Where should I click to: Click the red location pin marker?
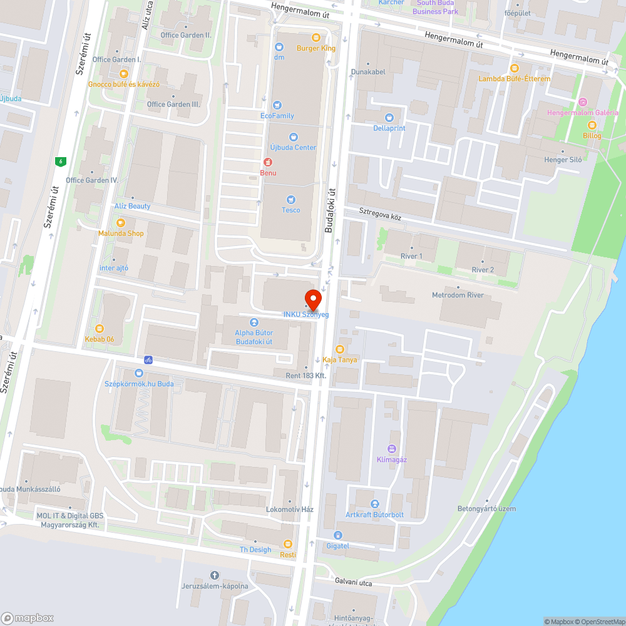coord(312,299)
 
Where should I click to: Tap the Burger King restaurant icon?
coord(316,37)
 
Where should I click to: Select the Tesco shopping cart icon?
coord(290,199)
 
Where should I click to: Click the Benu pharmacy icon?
coord(268,162)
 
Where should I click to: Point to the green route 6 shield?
coord(60,162)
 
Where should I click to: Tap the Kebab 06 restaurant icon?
coord(99,328)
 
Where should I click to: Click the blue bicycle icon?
coord(148,360)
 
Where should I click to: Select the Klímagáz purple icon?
coord(392,448)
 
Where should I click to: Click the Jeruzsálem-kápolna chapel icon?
coord(215,575)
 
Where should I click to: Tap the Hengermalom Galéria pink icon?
coord(583,102)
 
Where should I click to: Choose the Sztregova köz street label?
coord(380,214)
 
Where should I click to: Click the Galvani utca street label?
coord(353,583)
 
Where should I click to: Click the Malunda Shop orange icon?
coord(121,222)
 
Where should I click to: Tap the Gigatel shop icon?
coord(338,535)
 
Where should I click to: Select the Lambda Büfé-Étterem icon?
coord(515,68)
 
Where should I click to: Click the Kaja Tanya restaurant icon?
coord(340,349)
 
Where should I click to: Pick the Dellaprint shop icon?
coord(389,117)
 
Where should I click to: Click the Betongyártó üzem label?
coord(486,508)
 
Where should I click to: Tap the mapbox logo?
coord(28,618)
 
